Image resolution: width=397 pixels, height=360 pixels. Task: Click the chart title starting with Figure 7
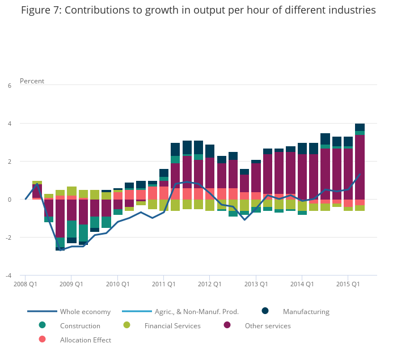[198, 10]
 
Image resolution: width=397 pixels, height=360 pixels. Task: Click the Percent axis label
[32, 81]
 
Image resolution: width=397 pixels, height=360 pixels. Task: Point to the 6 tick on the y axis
[9, 86]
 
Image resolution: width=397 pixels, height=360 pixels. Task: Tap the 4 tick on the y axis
[9, 124]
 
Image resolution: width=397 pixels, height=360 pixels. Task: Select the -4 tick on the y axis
[8, 276]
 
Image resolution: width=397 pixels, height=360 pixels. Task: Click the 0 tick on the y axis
[9, 200]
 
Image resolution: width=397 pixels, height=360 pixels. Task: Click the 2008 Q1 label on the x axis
[26, 284]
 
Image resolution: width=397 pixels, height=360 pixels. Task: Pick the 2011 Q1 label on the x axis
[164, 284]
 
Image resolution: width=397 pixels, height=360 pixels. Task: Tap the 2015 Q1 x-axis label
[348, 284]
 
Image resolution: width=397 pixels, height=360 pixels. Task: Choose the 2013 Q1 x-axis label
[256, 284]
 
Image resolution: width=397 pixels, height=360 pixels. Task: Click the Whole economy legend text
[85, 312]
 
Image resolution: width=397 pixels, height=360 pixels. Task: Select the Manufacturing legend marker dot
[265, 311]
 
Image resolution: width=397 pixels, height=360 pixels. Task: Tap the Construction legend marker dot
[42, 325]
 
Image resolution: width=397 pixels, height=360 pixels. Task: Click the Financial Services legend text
[172, 326]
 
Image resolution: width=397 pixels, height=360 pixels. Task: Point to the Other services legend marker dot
[227, 325]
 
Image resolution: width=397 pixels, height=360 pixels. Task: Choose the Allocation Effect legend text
[86, 340]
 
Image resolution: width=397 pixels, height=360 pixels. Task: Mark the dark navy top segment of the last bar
[360, 127]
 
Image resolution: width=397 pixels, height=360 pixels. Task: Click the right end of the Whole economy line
[360, 175]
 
